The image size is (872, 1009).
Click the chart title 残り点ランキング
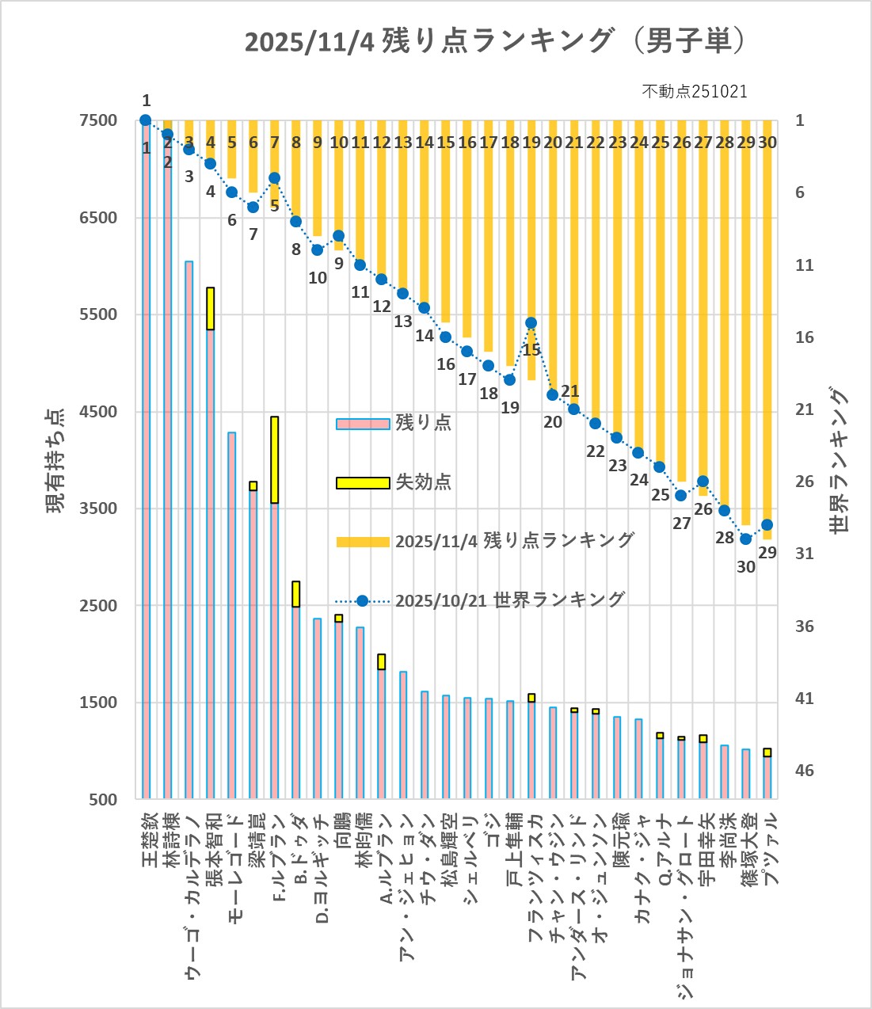(x=495, y=41)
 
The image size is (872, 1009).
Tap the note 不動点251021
(x=694, y=91)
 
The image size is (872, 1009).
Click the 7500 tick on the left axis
(x=98, y=120)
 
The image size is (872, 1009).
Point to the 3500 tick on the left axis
(x=98, y=508)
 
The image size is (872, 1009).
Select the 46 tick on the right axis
(x=804, y=771)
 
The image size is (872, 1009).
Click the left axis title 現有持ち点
(x=55, y=460)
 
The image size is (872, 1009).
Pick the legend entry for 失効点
(x=423, y=482)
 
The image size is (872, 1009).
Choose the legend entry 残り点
(x=423, y=422)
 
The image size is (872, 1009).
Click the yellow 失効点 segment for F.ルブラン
(x=274, y=459)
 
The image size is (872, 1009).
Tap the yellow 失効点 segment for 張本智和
(x=211, y=308)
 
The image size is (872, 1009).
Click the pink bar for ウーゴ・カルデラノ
(x=189, y=530)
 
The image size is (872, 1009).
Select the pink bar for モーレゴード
(x=232, y=615)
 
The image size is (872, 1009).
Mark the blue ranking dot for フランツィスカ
(x=531, y=323)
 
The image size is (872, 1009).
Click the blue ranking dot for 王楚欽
(x=146, y=120)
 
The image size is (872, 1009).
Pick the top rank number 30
(x=767, y=143)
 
